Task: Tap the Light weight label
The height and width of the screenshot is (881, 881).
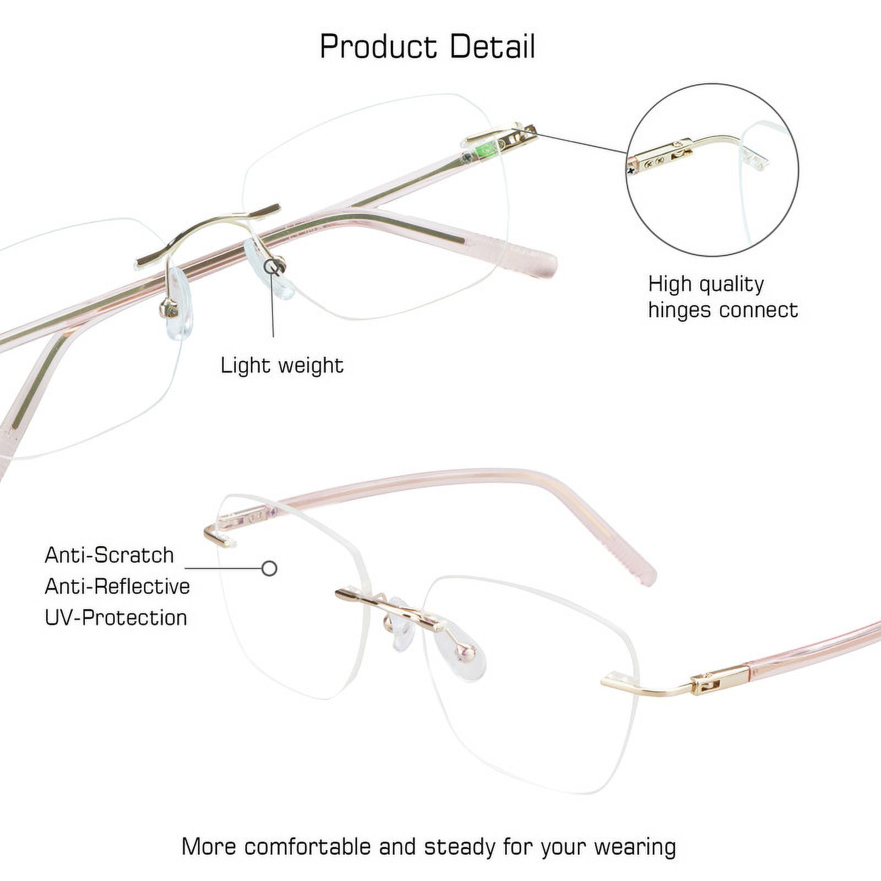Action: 282,366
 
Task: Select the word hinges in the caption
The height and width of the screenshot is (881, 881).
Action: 683,310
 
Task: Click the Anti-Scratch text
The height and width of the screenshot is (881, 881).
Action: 109,555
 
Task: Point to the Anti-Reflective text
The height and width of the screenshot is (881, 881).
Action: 117,586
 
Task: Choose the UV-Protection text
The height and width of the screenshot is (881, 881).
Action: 116,618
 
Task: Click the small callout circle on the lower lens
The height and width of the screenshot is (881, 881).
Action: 269,568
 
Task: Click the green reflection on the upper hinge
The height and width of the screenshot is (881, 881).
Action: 486,149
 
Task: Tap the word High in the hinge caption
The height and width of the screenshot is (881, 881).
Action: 669,284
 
